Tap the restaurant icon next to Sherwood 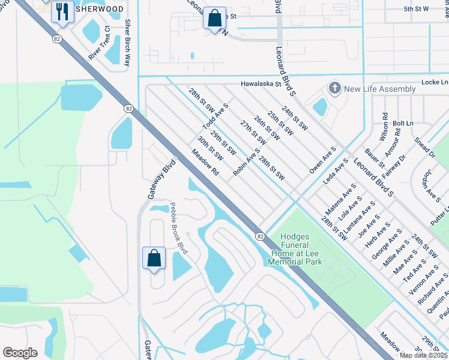click(x=62, y=11)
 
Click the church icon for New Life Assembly click(x=334, y=89)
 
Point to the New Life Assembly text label click(x=380, y=89)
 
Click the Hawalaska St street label click(x=261, y=85)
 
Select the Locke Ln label click(x=435, y=82)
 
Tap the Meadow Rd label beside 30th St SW click(x=205, y=163)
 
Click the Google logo click(x=20, y=353)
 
